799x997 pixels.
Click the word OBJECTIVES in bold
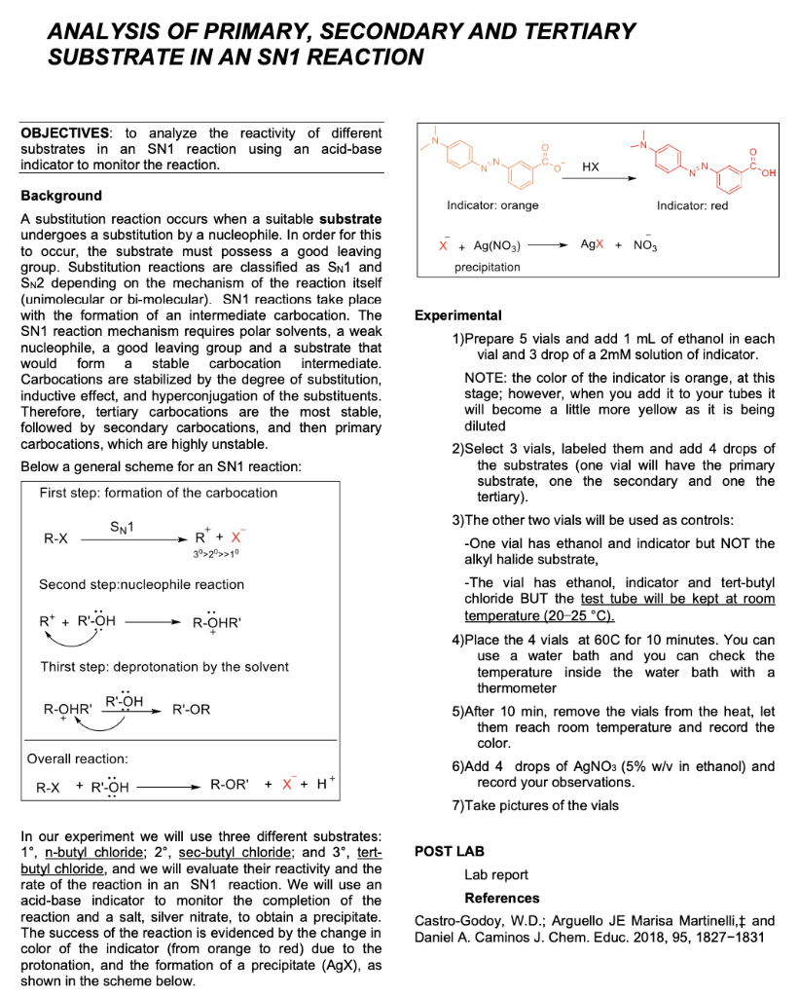coord(65,133)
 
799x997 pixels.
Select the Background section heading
coord(61,196)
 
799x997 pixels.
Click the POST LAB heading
coord(449,851)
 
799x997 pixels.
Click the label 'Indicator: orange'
coord(492,205)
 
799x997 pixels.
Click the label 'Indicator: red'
coord(692,205)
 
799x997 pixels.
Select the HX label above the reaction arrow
coord(590,167)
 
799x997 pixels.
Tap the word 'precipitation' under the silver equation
coord(488,266)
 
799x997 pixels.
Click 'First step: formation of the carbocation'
coord(159,493)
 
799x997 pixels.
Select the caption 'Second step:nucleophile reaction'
coord(141,584)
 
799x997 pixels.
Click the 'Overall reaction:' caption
coord(78,757)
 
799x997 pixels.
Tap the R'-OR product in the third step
coord(191,710)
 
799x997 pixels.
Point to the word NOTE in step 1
coord(486,378)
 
